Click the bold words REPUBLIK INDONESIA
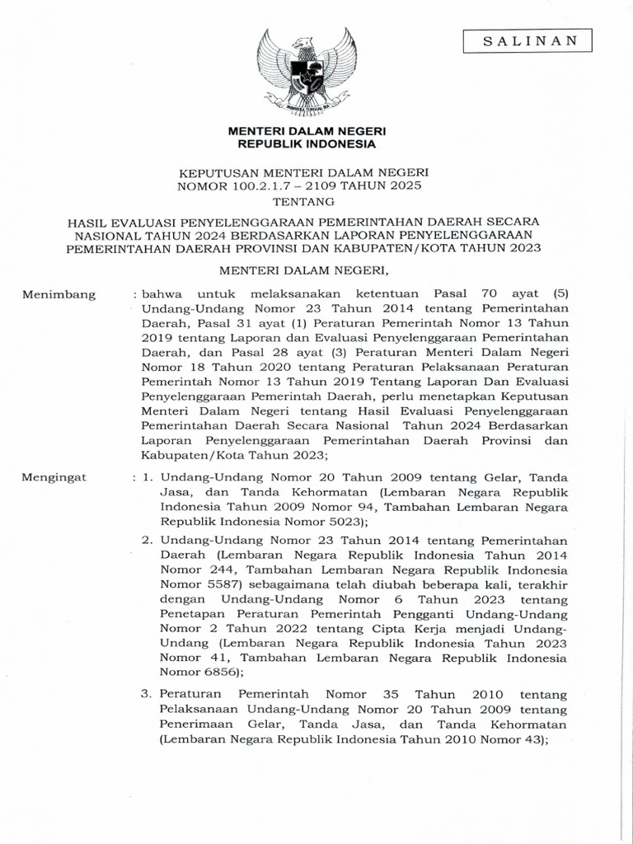click(x=306, y=144)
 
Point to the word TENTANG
click(x=306, y=201)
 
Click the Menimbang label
click(x=59, y=294)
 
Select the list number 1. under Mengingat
click(x=148, y=476)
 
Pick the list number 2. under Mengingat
click(x=148, y=539)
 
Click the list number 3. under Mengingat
click(x=148, y=696)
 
